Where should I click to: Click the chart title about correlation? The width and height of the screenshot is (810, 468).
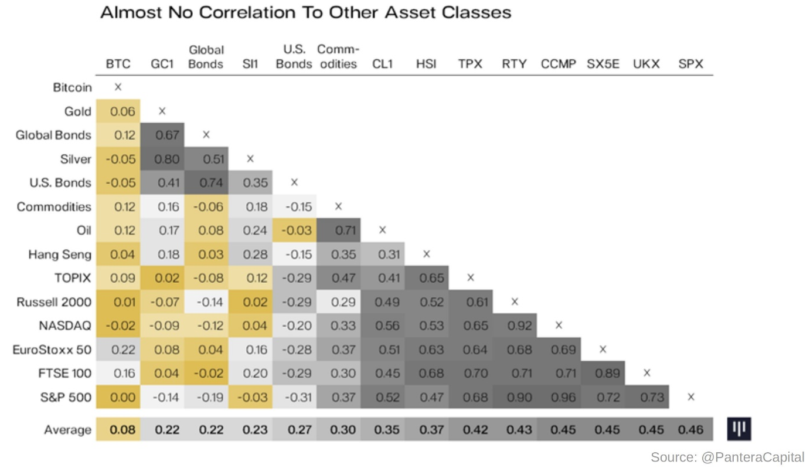pos(305,12)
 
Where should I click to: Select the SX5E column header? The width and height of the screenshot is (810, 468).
pos(603,64)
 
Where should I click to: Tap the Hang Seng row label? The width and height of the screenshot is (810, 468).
pos(60,254)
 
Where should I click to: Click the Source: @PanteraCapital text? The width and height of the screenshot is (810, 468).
pos(727,457)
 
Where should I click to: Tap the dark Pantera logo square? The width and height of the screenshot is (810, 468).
pos(739,429)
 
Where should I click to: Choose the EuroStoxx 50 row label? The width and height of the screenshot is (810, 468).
pos(52,350)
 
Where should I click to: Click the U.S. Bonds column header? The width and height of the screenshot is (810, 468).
pos(294,57)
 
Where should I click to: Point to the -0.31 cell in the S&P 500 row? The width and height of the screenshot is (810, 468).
pos(294,397)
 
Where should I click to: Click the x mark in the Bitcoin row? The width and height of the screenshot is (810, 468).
pos(118,87)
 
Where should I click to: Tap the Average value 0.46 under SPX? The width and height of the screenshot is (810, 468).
pos(690,429)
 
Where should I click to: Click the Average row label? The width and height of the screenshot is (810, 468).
pos(67,429)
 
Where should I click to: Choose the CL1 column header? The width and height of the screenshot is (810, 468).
pos(382,64)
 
